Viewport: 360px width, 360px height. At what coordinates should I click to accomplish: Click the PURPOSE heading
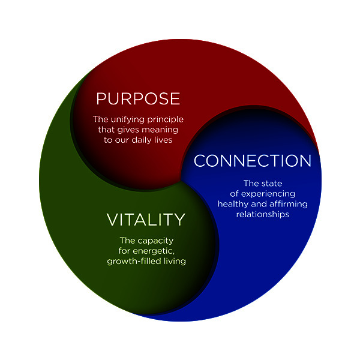pos(138,99)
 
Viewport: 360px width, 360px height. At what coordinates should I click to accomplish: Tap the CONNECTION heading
pos(253,160)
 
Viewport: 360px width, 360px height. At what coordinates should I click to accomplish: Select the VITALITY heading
pos(146,220)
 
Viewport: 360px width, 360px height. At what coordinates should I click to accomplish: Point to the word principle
pos(166,119)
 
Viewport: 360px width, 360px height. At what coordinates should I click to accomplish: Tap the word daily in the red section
pos(142,140)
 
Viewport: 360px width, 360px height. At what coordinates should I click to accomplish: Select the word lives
pos(163,140)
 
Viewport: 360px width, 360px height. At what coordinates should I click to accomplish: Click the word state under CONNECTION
pos(272,184)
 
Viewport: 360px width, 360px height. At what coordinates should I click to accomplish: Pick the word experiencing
pos(268,194)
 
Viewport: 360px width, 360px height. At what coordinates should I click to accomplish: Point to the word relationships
pos(263,214)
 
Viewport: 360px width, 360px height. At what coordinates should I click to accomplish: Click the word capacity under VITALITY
pos(156,241)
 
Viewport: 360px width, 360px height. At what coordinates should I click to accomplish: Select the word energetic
pos(154,251)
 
